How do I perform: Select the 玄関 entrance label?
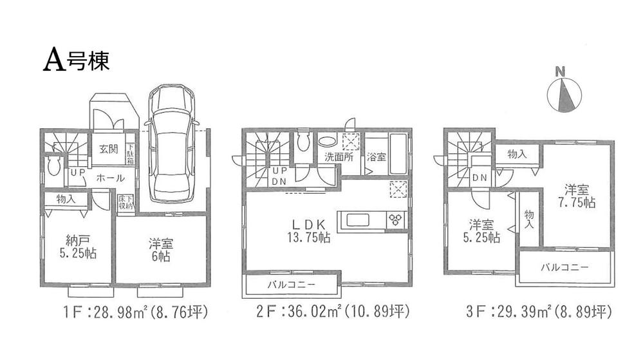[x=109, y=150]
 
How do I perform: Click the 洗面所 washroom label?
[x=337, y=156]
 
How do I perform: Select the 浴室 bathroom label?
[x=376, y=156]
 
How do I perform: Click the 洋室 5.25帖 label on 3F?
[x=483, y=231]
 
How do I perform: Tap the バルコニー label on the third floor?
[x=564, y=267]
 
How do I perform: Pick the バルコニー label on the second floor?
[x=291, y=284]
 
